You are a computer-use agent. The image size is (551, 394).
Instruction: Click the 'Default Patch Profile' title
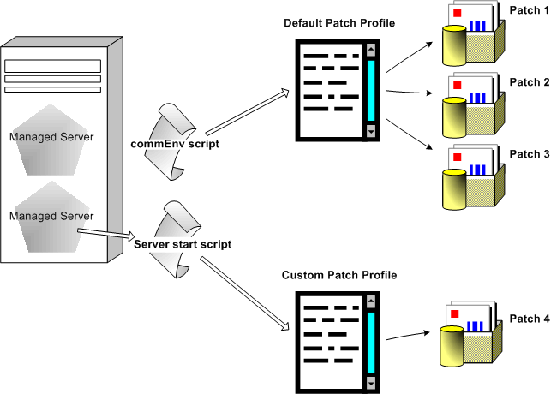pos(339,22)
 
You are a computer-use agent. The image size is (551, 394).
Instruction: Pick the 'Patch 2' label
pos(530,82)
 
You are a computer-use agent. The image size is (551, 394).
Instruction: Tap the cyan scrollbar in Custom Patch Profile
pos(371,342)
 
